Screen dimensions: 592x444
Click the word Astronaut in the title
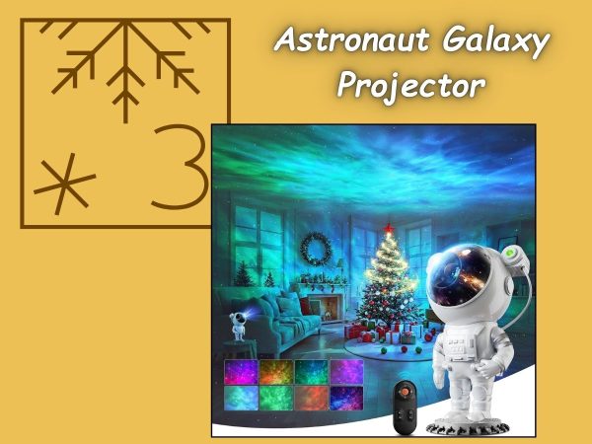[x=352, y=39]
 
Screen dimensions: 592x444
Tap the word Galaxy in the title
[x=495, y=42]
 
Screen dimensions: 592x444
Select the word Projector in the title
[x=411, y=86]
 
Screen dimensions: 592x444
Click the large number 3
[x=181, y=166]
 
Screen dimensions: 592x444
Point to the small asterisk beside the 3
[x=64, y=184]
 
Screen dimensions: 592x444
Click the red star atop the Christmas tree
[x=389, y=228]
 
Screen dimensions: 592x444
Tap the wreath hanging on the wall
[x=316, y=250]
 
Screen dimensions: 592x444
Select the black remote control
[x=406, y=407]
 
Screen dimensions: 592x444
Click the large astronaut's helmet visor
[x=460, y=275]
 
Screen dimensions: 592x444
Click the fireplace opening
[x=326, y=308]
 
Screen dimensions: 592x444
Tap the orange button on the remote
[x=405, y=392]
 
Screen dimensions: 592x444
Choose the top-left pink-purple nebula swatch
[x=241, y=372]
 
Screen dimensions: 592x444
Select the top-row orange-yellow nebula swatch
[x=276, y=372]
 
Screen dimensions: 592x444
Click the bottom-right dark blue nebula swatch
[x=346, y=398]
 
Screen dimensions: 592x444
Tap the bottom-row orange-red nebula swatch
[x=311, y=398]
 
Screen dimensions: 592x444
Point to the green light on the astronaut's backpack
[x=512, y=250]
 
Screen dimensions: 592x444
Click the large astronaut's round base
[x=468, y=427]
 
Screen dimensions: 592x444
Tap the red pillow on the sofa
[x=305, y=306]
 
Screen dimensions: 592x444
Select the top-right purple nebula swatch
[x=346, y=372]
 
